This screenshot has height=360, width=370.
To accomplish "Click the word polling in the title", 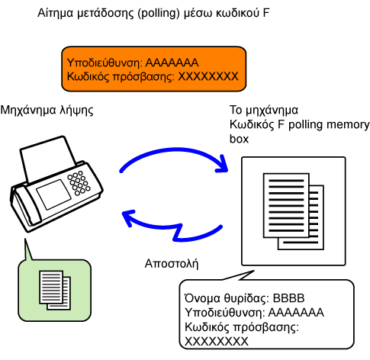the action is [x=159, y=13].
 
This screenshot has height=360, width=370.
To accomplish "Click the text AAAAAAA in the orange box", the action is [x=172, y=63].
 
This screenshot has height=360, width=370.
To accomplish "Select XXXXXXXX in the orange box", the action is [x=208, y=76].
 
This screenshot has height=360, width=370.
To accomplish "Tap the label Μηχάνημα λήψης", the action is [x=47, y=111].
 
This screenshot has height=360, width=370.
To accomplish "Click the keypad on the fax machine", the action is [x=79, y=183].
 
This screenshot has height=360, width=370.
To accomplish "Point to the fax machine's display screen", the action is [x=53, y=194].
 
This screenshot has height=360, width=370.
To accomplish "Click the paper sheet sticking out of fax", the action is [x=48, y=158].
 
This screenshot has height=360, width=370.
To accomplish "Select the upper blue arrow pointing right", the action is [x=174, y=151].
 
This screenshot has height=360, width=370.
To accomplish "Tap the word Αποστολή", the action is [x=172, y=264].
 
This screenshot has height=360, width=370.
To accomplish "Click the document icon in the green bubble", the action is [x=55, y=291].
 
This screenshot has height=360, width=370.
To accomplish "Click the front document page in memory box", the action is [x=286, y=205].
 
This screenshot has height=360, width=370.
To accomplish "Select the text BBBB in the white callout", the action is [x=288, y=298].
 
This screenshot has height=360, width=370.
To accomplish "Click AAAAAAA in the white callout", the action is [x=296, y=313].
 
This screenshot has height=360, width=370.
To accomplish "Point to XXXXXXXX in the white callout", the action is [x=217, y=342].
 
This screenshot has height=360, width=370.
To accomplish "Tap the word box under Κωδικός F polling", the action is [x=239, y=139].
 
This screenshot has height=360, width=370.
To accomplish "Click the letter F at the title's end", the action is [x=266, y=13].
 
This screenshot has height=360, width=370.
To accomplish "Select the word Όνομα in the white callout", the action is [x=202, y=298].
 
